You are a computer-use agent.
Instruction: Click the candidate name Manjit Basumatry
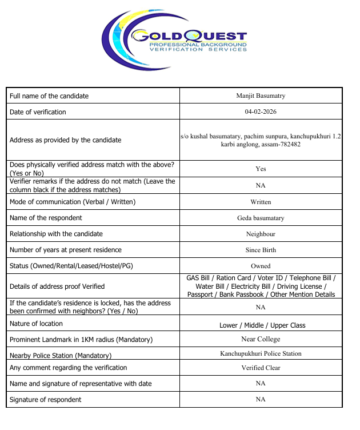[261, 95]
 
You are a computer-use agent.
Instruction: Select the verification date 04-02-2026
[261, 112]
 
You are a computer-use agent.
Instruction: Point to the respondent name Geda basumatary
[261, 218]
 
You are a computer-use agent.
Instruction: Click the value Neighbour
[261, 234]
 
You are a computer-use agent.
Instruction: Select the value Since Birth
[261, 250]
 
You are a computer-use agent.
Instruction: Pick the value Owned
[261, 266]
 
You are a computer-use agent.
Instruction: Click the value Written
[261, 202]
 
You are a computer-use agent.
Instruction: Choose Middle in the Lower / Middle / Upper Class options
[254, 325]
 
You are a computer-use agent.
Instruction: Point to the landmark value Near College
[261, 340]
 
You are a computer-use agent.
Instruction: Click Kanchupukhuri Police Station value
[261, 353]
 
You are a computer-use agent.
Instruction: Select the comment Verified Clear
[261, 368]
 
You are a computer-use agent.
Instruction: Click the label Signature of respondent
[46, 400]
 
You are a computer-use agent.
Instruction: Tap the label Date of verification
[38, 112]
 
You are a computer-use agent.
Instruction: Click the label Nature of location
[36, 324]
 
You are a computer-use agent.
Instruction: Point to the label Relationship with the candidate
[56, 234]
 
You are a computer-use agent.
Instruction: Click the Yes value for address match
[261, 169]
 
